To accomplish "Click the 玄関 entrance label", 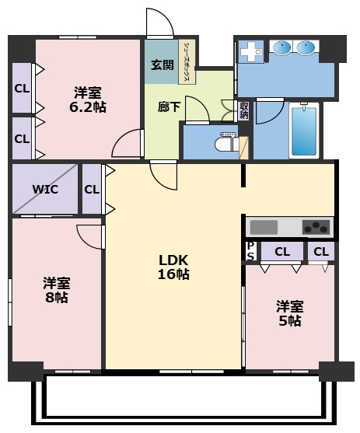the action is click(163, 65).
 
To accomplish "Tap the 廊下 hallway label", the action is click(169, 107).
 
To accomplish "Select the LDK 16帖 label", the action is click(173, 267).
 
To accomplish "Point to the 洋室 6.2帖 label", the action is click(88, 100).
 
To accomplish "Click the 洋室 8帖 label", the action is click(56, 291).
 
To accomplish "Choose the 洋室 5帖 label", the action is click(290, 314).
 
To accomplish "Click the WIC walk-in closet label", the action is click(45, 190).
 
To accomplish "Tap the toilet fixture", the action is click(226, 142).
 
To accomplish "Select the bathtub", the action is click(304, 131).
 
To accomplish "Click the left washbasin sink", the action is click(282, 47).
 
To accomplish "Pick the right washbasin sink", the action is click(306, 47).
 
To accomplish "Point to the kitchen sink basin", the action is click(264, 227).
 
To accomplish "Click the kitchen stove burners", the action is click(316, 227).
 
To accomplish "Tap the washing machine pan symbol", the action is click(251, 51).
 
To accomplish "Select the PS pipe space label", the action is click(250, 251).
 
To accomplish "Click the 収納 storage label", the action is click(244, 110).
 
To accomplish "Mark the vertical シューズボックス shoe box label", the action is click(187, 62).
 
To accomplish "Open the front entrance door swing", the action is click(159, 23).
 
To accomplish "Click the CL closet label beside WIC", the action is click(92, 190).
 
